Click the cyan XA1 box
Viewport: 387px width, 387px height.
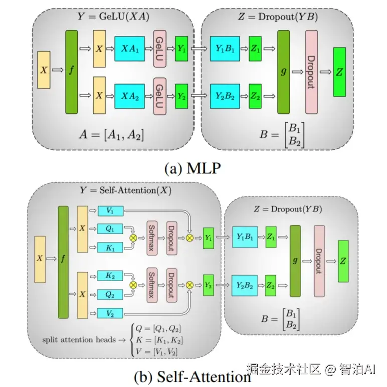[x=129, y=49]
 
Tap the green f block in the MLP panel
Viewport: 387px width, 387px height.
[x=72, y=71]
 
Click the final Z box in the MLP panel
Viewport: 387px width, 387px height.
[x=340, y=72]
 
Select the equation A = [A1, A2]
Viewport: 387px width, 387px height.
[x=111, y=134]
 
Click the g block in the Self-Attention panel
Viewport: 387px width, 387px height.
[x=295, y=261]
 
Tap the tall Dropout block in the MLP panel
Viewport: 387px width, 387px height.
[x=311, y=71]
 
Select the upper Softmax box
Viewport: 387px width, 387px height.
[x=153, y=237]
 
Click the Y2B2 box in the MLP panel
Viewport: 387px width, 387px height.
[x=225, y=93]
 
